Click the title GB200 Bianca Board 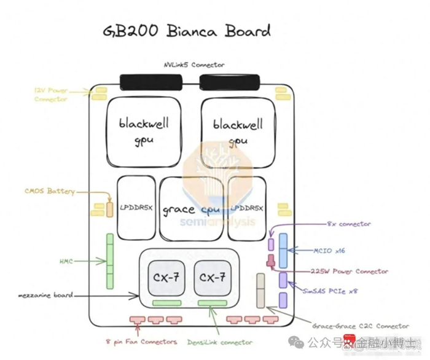point(184,30)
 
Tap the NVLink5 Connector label point(193,65)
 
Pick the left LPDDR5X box point(136,208)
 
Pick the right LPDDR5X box point(247,208)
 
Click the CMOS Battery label point(50,191)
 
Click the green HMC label point(66,262)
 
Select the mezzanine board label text point(46,295)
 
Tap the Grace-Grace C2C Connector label point(359,326)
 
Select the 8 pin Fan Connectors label point(141,342)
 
